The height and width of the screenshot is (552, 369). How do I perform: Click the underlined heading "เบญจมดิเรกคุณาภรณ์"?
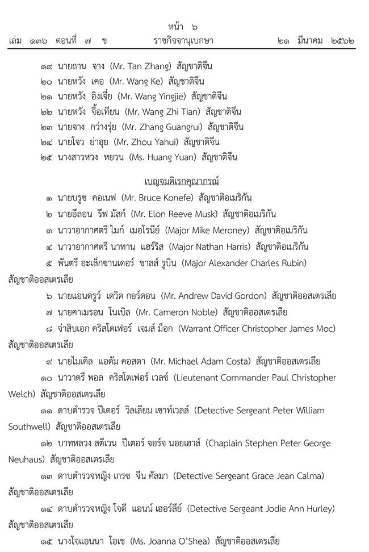pyautogui.click(x=182, y=182)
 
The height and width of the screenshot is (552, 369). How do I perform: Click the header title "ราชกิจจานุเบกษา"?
pyautogui.click(x=183, y=41)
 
